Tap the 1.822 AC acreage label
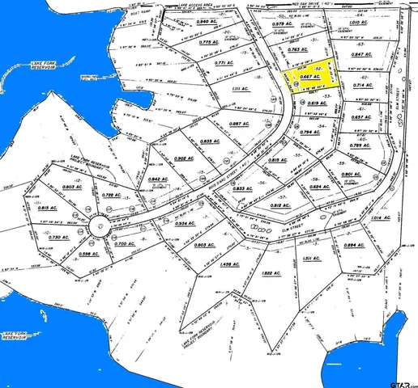point(271,273)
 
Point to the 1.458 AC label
point(230,264)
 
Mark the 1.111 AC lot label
point(237,89)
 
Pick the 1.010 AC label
point(359,34)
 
